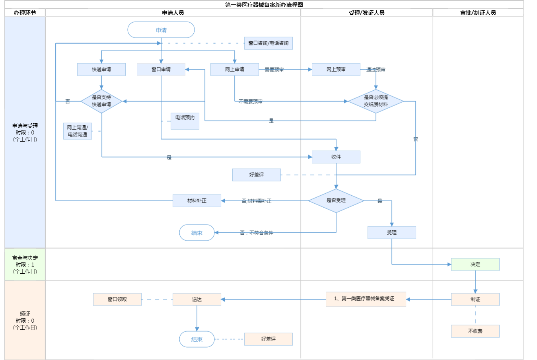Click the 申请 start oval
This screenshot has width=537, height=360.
coord(161,30)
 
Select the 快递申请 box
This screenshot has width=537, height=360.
coord(101,70)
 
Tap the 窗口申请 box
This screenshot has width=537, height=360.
coord(161,70)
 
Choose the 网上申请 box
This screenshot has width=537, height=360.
coord(235,70)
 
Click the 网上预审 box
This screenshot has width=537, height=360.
coord(336,70)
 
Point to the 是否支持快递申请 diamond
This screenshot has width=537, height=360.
coord(101,101)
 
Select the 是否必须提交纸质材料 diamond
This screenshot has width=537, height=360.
coord(376,101)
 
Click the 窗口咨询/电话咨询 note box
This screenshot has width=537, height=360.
coord(268,43)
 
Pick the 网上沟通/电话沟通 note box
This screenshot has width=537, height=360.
coord(78,131)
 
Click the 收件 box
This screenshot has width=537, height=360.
coord(336,157)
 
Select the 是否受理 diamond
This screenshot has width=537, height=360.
coord(336,200)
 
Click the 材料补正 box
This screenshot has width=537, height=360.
coord(197,201)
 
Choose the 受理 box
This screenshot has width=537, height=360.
coord(392,233)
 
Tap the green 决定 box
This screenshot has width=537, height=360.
coord(475,265)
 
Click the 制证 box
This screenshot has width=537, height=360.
coord(475,300)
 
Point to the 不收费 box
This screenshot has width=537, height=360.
coord(475,331)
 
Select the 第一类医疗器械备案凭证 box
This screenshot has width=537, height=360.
coord(366,299)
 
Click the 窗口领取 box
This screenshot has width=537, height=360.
coord(117,300)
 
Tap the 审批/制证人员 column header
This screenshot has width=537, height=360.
coord(478,13)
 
